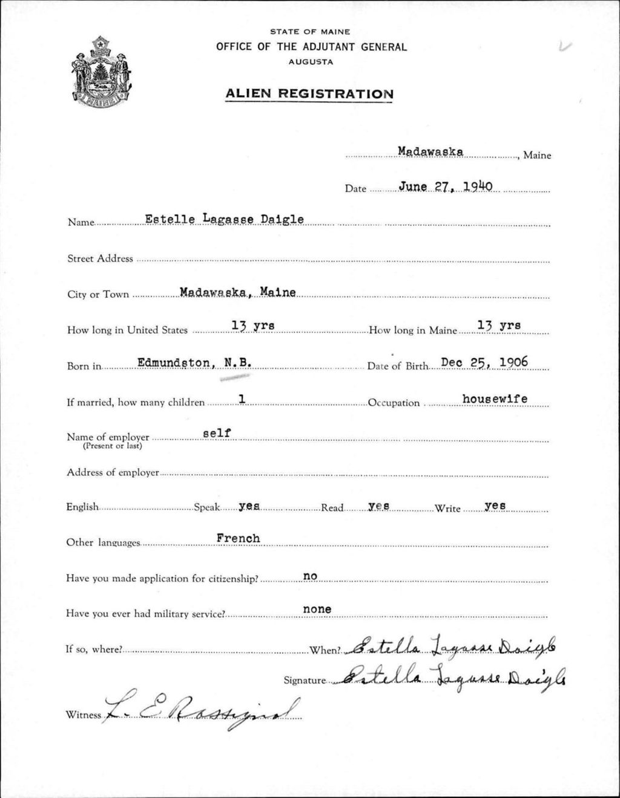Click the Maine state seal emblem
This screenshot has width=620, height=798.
(101, 71)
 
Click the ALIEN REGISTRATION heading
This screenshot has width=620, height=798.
(309, 94)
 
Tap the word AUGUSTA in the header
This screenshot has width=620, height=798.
(311, 62)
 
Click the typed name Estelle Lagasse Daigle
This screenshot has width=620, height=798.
(224, 219)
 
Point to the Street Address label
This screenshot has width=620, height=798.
(100, 259)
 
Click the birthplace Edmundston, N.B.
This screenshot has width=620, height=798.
(194, 363)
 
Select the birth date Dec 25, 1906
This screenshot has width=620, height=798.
(484, 363)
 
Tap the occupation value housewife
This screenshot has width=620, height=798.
(495, 398)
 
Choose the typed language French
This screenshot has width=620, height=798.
(238, 538)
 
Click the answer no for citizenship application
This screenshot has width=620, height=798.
(310, 576)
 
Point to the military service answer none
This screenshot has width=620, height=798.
(317, 609)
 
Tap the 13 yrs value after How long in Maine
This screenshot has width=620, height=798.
(499, 325)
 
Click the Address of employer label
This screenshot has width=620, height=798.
(113, 472)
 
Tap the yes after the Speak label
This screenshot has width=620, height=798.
(249, 506)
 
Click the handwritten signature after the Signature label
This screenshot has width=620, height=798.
(453, 676)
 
